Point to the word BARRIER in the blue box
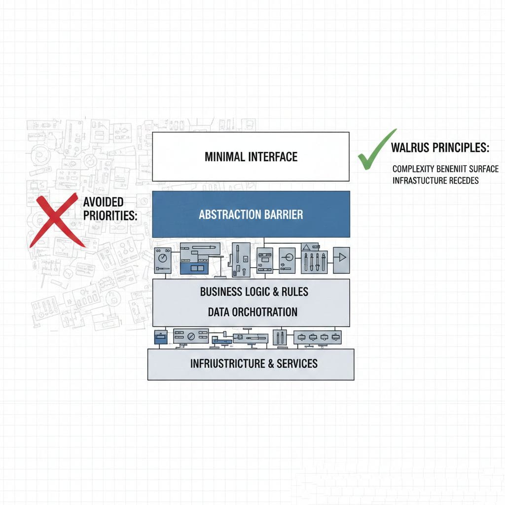[x=284, y=215]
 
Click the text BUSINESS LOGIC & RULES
[x=254, y=291]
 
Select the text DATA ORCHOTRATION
[x=252, y=312]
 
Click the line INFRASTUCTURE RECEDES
[x=435, y=180]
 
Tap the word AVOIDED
[x=103, y=202]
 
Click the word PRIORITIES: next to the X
[x=110, y=216]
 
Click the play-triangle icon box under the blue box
[x=341, y=260]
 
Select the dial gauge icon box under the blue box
[x=163, y=260]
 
